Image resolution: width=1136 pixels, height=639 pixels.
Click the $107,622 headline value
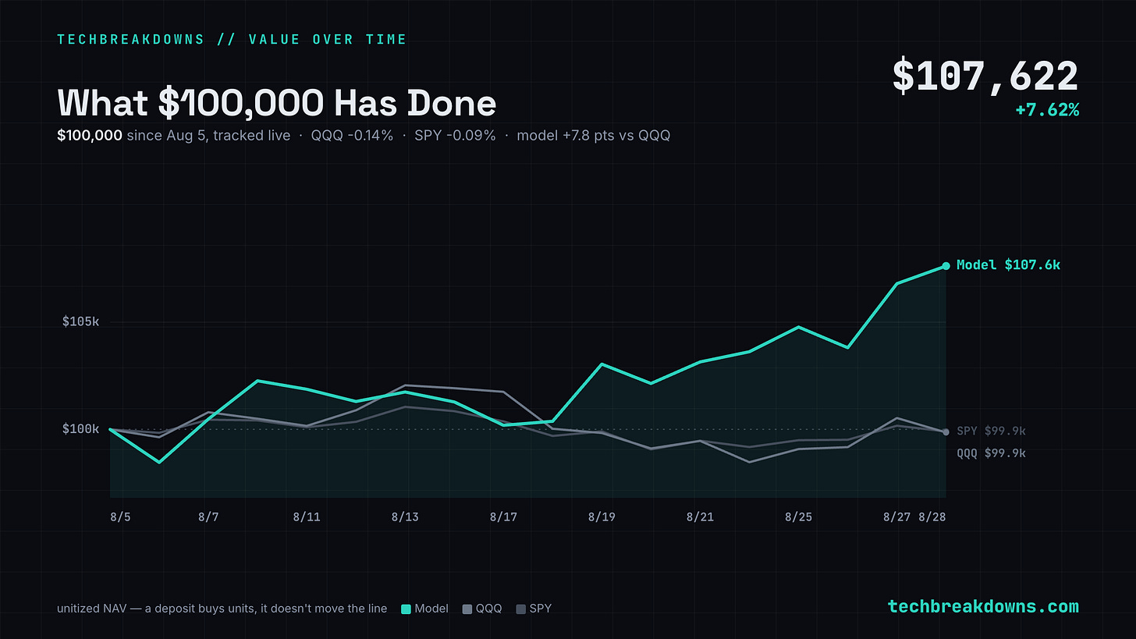(x=985, y=76)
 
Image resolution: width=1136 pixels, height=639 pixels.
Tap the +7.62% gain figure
(x=1047, y=110)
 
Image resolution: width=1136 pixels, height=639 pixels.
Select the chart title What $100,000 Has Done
(x=277, y=103)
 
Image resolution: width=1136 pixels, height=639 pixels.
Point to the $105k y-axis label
(x=80, y=321)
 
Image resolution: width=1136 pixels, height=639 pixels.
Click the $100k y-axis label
(x=80, y=429)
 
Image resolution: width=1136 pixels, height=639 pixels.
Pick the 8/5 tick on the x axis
(x=120, y=517)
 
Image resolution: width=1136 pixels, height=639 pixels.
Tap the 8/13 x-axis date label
(x=405, y=517)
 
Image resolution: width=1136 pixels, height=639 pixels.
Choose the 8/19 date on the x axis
(x=602, y=517)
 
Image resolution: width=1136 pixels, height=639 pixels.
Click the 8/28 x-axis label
(x=932, y=517)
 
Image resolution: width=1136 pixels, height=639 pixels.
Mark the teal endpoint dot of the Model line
(x=946, y=266)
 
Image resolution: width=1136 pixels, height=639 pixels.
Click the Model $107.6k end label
(x=1008, y=264)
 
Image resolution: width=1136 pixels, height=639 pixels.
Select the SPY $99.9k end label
(x=991, y=431)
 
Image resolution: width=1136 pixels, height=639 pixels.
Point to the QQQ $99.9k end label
(x=991, y=453)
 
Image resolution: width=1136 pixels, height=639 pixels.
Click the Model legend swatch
(x=406, y=609)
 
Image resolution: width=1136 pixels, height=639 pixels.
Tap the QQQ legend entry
(x=482, y=609)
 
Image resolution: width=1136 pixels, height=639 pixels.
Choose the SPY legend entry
(x=534, y=609)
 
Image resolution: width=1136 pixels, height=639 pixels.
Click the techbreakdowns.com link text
(x=983, y=606)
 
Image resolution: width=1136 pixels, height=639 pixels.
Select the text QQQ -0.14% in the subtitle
(x=352, y=136)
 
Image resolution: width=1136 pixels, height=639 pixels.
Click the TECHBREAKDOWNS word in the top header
(x=131, y=40)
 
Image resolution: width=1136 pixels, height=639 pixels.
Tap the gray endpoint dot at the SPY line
(x=946, y=432)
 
